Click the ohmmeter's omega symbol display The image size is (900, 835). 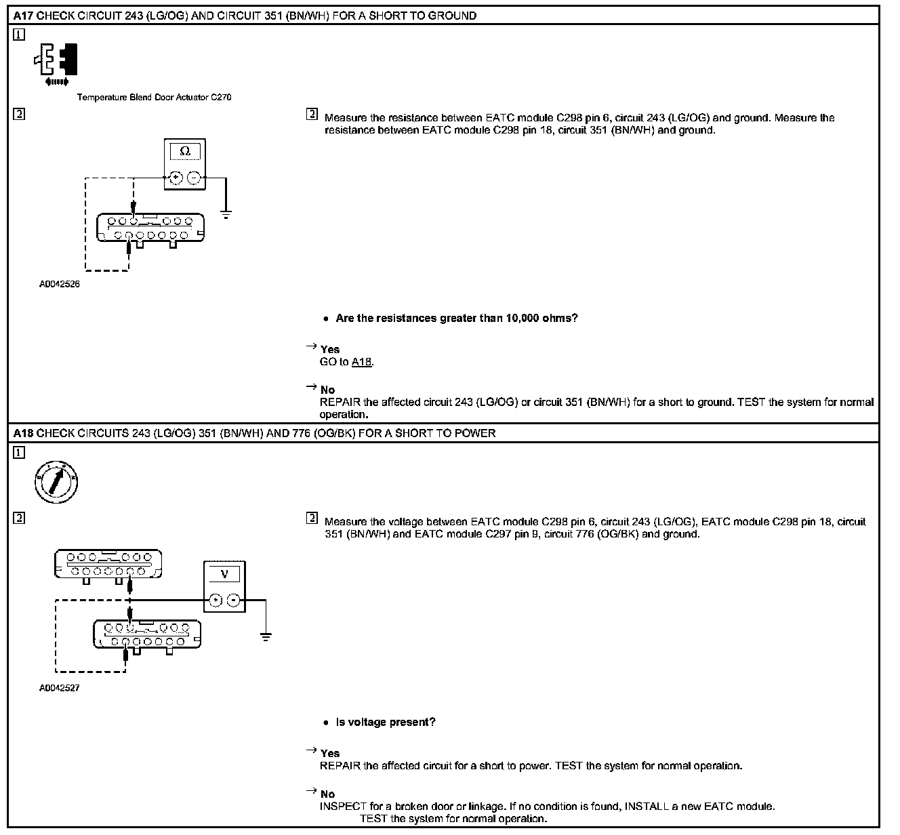click(185, 151)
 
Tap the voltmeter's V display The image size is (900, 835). click(224, 574)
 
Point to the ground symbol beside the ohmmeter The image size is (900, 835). click(226, 214)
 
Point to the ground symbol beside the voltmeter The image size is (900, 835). click(266, 636)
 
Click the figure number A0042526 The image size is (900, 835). click(60, 285)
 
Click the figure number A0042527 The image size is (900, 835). click(60, 689)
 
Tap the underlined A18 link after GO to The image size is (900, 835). click(362, 362)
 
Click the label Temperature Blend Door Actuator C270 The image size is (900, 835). click(154, 98)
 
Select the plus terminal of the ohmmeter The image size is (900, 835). click(176, 178)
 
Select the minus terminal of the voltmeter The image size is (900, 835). click(232, 600)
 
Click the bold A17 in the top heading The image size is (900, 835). click(23, 16)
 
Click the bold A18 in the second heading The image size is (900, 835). click(23, 433)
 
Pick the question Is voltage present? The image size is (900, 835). click(386, 722)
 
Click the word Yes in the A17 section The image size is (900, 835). click(330, 350)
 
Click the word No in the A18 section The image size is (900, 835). click(327, 794)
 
